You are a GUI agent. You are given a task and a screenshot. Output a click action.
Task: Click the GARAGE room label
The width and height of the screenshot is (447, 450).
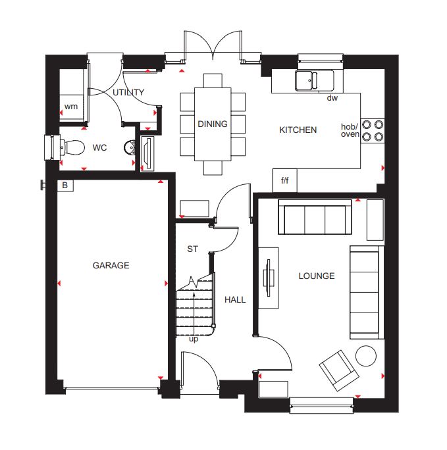[111, 265]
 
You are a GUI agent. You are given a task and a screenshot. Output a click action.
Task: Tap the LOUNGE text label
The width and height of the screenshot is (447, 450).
[317, 276]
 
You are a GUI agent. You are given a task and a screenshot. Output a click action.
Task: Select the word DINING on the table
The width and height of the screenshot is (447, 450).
[213, 124]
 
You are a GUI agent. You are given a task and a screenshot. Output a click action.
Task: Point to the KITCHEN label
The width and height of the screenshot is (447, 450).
[298, 130]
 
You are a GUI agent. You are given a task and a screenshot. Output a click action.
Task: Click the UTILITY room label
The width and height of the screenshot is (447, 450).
[128, 92]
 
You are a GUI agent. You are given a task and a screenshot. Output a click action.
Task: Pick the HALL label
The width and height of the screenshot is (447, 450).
[235, 299]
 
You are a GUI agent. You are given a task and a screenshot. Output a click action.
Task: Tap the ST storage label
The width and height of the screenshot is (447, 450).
[192, 249]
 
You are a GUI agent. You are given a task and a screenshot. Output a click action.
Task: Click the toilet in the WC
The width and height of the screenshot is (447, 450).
[72, 147]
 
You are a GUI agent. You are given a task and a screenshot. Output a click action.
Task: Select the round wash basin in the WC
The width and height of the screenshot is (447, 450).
[130, 147]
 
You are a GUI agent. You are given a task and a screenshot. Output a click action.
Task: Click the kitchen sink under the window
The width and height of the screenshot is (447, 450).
[315, 80]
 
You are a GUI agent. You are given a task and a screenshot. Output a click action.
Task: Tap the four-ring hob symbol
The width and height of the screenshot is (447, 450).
[373, 131]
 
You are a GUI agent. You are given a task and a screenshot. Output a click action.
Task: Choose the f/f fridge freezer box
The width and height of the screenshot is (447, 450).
[285, 180]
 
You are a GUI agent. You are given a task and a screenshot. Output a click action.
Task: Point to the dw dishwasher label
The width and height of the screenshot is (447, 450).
[332, 98]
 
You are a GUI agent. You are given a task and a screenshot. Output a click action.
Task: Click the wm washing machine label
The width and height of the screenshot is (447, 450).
[71, 107]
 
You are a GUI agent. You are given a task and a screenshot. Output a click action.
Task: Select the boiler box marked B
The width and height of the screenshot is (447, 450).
[65, 186]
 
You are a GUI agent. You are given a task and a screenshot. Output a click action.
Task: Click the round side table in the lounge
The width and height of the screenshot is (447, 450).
[366, 356]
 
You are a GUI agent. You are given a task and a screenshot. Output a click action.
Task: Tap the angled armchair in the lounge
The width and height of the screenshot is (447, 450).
[339, 370]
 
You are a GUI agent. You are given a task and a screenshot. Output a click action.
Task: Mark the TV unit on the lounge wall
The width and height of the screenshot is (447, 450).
[269, 278]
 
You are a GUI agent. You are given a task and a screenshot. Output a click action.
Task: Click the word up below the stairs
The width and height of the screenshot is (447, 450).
[194, 339]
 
